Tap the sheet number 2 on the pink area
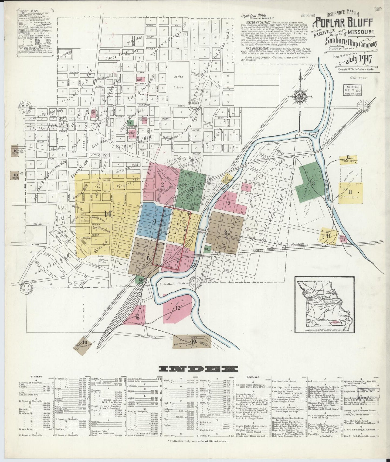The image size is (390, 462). [x=162, y=185]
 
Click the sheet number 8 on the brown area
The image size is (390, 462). [x=225, y=232]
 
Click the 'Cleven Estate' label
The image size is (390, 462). [x=178, y=82]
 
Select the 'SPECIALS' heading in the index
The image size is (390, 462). [x=253, y=377]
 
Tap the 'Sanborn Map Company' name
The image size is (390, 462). [x=351, y=42]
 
